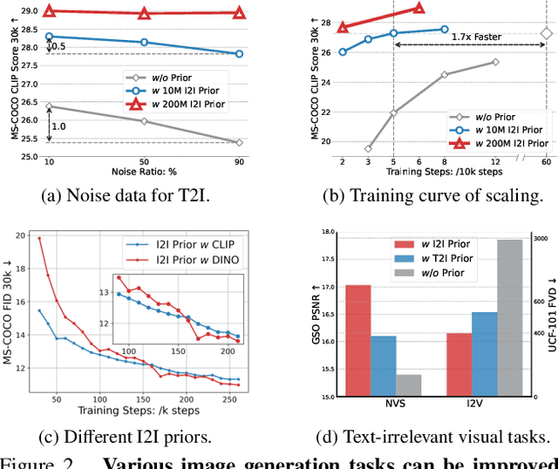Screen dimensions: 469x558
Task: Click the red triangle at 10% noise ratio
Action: [x=49, y=12]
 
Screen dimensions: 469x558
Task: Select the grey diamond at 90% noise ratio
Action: [x=239, y=142]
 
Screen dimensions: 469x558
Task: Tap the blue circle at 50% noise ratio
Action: [x=144, y=42]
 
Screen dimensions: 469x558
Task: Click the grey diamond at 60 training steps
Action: [x=546, y=34]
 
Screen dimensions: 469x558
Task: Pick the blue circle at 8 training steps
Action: [x=444, y=30]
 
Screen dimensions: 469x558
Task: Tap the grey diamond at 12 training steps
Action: [x=495, y=62]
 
